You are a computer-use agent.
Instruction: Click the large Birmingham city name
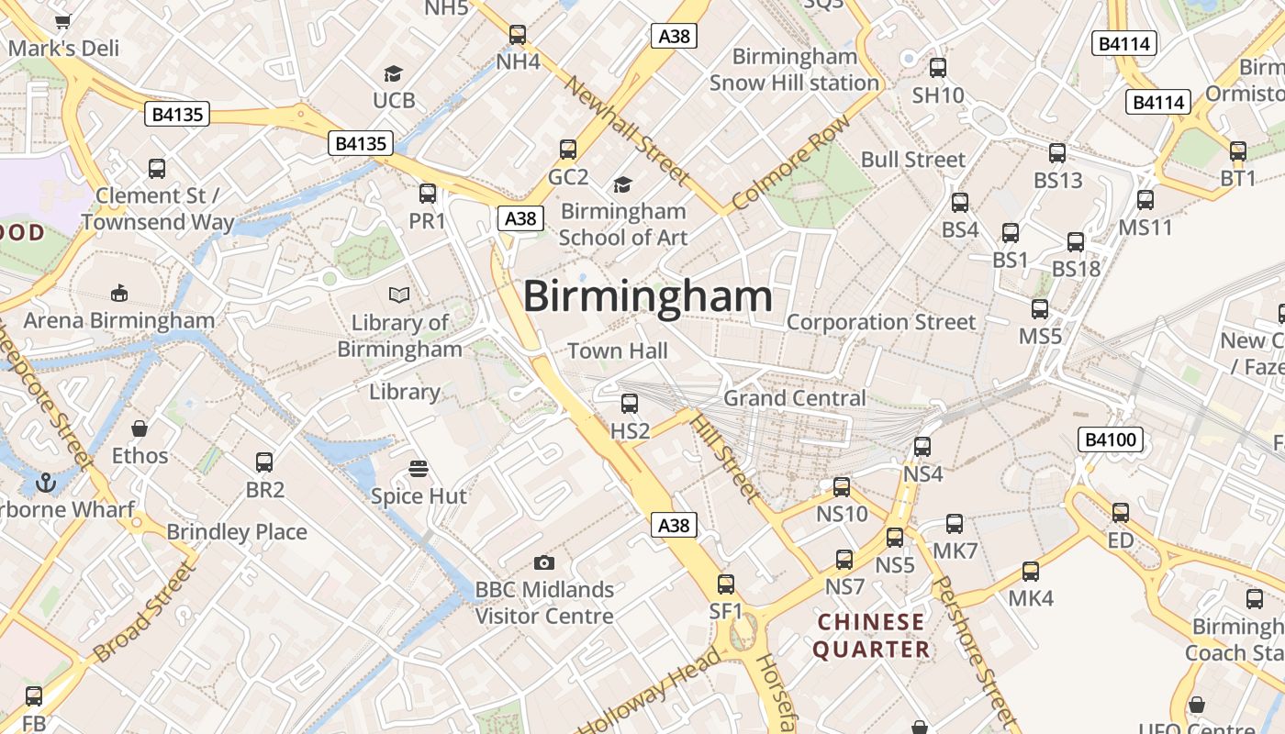(x=647, y=296)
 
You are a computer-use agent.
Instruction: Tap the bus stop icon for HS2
(x=630, y=404)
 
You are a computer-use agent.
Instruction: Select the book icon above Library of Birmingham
(x=399, y=295)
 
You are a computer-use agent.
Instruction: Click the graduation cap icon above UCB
(x=393, y=73)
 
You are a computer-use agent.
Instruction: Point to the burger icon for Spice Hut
(x=419, y=469)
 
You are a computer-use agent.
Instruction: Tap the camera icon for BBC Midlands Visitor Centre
(x=543, y=562)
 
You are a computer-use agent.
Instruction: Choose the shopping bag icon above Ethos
(x=140, y=428)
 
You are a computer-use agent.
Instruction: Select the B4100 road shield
(x=1111, y=439)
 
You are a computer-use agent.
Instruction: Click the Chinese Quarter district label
(x=871, y=636)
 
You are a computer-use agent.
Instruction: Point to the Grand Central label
(x=795, y=398)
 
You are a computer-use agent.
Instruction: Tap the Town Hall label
(x=618, y=350)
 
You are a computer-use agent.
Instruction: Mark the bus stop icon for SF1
(x=726, y=584)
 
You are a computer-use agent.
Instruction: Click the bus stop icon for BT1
(x=1238, y=151)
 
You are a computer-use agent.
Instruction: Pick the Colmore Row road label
(x=791, y=162)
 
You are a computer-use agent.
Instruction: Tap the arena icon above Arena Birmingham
(x=118, y=293)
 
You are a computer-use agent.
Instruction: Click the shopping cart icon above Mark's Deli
(x=62, y=21)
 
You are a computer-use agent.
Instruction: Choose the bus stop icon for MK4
(x=1031, y=572)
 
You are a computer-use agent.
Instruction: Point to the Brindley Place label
(x=237, y=532)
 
